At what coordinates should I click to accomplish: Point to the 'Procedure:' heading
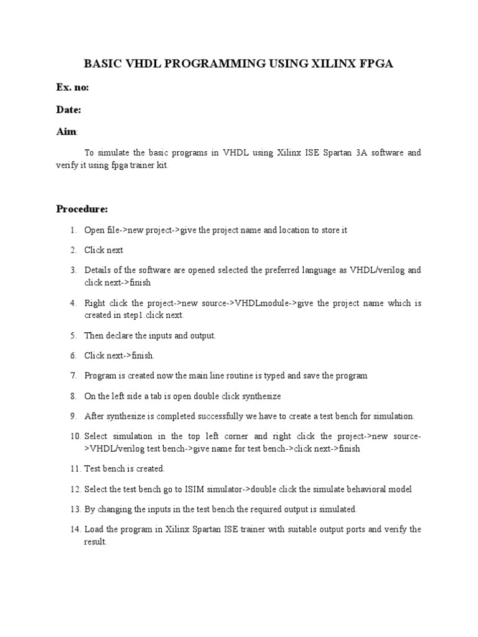point(82,208)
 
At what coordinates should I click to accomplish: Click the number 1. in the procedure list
point(73,230)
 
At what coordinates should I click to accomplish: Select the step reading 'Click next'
point(104,250)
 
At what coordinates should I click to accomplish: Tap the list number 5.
point(73,336)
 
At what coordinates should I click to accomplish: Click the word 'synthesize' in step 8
point(260,396)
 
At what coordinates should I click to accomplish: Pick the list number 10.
point(75,437)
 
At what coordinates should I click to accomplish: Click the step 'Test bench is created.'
point(124,468)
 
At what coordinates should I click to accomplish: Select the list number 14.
point(75,529)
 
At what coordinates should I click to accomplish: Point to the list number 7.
point(73,376)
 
